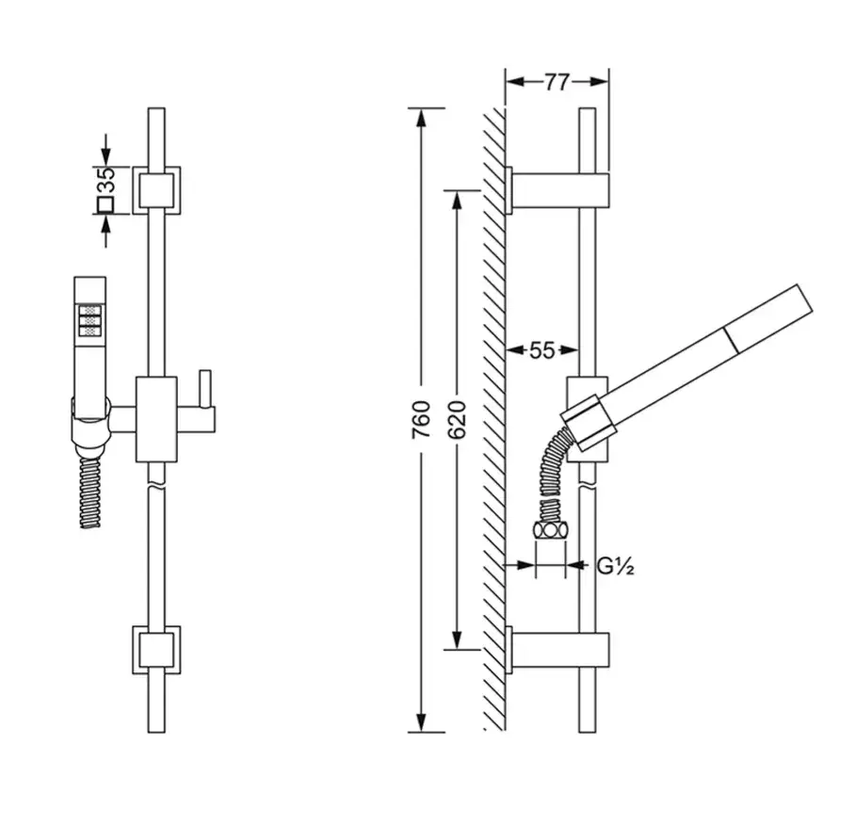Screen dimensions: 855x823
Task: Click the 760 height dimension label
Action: point(421,419)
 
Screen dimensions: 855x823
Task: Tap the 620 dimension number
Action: point(457,419)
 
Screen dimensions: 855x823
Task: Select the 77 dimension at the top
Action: point(557,82)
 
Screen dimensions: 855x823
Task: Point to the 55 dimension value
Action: point(541,350)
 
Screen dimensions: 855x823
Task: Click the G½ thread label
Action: point(615,567)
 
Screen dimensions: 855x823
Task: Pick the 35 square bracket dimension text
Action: point(106,180)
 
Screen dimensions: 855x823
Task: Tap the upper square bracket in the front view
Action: point(156,190)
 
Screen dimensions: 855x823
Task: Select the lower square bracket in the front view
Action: point(156,650)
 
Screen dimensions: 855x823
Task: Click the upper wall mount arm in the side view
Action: point(557,191)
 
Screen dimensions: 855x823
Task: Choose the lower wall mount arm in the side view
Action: point(557,650)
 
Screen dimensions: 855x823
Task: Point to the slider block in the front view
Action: point(156,419)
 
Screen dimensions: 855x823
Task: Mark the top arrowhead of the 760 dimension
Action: point(420,117)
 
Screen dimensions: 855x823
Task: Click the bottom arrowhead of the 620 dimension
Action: point(457,640)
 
